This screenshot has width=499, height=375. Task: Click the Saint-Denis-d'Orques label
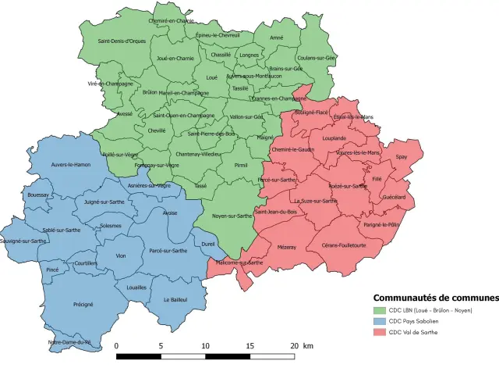(122, 41)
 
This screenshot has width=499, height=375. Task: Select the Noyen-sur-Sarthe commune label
(232, 215)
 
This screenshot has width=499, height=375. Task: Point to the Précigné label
(83, 304)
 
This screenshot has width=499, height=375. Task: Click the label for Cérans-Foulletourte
(344, 245)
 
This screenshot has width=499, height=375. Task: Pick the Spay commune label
(402, 157)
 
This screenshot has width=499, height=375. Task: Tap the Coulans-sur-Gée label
(316, 58)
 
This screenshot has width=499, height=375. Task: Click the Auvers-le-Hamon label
(71, 165)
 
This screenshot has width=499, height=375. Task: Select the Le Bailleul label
(176, 300)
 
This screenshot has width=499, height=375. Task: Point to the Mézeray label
(287, 247)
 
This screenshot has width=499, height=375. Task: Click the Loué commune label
(212, 78)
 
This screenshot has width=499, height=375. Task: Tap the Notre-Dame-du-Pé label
(69, 342)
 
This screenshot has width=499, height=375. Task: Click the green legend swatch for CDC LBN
(380, 310)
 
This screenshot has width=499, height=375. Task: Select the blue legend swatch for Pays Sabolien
(380, 321)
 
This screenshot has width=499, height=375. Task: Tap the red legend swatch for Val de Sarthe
(380, 332)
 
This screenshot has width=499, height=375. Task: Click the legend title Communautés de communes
(435, 298)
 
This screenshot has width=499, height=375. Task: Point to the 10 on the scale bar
(205, 345)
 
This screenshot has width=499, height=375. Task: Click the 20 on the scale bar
(293, 345)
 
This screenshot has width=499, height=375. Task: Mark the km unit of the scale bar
(308, 345)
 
